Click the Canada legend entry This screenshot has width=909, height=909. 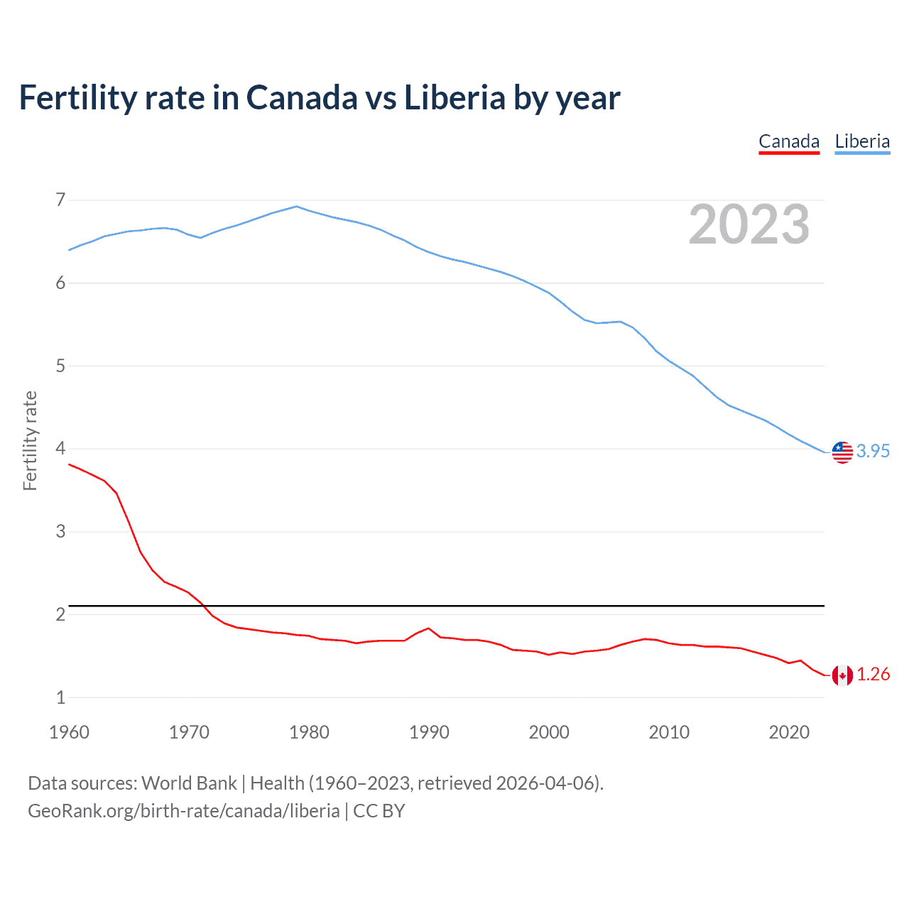[x=789, y=141]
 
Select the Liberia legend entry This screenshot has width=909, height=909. [x=862, y=141]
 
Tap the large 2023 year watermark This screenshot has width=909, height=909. [x=749, y=224]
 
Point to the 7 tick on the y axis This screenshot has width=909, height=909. [x=60, y=200]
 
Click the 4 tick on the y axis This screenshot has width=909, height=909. [x=60, y=448]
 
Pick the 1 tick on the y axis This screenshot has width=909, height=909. [x=60, y=697]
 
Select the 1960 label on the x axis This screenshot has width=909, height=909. [x=69, y=732]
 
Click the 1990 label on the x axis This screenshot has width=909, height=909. [x=429, y=732]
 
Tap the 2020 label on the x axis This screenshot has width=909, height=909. [x=789, y=732]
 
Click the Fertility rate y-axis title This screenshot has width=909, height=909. [x=30, y=440]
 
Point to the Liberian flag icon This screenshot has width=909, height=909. [x=842, y=452]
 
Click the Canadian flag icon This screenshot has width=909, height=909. [x=842, y=675]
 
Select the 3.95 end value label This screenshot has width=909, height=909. [x=873, y=452]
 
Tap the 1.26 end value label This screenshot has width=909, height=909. [x=873, y=675]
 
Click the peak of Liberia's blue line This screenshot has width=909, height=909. [x=297, y=207]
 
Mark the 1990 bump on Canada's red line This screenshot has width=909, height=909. [x=428, y=628]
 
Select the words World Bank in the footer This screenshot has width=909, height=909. [x=189, y=783]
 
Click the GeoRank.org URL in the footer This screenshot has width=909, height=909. [x=183, y=811]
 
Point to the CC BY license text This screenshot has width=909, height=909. [x=379, y=811]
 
